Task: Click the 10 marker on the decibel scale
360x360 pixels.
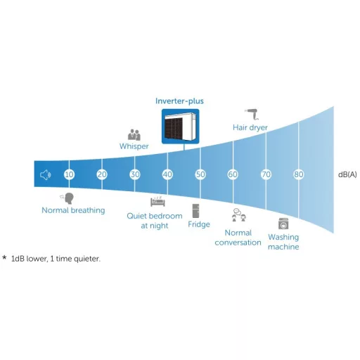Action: click(x=69, y=174)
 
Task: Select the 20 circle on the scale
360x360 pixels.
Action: click(x=102, y=174)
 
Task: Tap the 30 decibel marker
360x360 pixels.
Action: click(x=135, y=174)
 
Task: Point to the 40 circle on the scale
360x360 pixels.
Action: click(x=167, y=174)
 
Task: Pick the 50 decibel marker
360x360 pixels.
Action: click(x=200, y=174)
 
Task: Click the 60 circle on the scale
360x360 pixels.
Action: click(x=233, y=174)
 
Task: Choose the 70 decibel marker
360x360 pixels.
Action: click(x=266, y=174)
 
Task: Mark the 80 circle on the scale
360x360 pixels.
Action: click(x=299, y=174)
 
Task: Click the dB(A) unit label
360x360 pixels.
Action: click(x=347, y=174)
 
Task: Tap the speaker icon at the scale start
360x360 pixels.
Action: click(x=45, y=175)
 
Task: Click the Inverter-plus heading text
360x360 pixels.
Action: click(x=179, y=101)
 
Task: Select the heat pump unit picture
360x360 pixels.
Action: click(x=180, y=127)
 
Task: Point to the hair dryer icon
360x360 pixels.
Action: click(x=252, y=113)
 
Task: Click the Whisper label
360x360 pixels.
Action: click(x=134, y=146)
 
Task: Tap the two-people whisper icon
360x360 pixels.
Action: click(x=134, y=135)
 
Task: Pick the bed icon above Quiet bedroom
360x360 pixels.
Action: click(x=157, y=202)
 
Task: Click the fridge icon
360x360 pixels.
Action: click(x=195, y=211)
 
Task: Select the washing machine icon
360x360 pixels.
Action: click(x=283, y=224)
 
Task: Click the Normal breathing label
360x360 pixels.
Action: click(x=73, y=210)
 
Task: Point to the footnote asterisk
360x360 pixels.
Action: click(x=4, y=258)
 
